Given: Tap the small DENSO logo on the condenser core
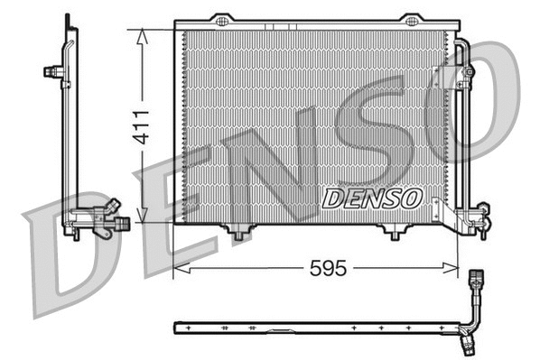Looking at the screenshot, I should pos(370,196).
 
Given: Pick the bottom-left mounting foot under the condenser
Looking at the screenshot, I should pos(238,233).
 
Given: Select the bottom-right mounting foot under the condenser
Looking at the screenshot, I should pos(393,233).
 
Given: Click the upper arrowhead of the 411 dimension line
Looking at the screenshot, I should pos(141,33).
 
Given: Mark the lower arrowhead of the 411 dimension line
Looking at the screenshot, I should pos(141,218).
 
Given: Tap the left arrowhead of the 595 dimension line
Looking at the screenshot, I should pos(179,267).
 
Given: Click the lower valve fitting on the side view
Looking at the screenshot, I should pos(107,217).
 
